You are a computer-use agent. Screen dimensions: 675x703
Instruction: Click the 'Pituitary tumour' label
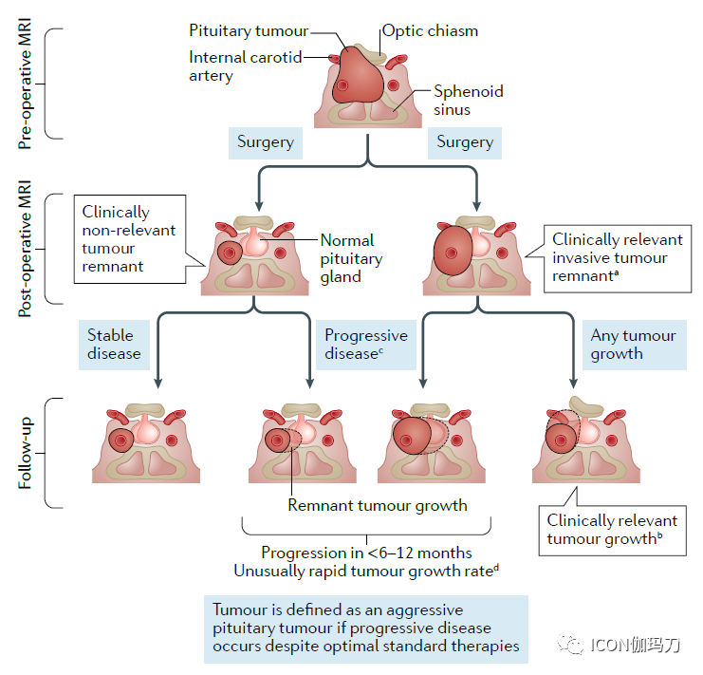pos(250,31)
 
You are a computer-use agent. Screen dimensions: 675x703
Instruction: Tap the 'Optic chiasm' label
pos(430,30)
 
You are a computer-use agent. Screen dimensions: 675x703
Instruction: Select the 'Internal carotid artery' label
pos(245,66)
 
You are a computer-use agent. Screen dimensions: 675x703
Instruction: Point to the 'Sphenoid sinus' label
pos(469,101)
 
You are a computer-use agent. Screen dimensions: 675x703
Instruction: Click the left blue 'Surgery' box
pos(266,142)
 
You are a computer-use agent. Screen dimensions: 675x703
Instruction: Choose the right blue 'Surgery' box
pos(465,142)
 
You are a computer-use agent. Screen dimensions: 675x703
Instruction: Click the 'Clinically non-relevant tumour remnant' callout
pos(128,239)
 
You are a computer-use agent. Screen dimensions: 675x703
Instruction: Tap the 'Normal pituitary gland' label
pos(351,258)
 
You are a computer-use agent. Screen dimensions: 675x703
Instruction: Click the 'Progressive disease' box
pos(365,344)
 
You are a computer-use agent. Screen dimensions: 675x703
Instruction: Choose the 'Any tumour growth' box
pos(633,344)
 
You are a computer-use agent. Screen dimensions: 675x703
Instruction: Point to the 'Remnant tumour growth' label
pos(378,505)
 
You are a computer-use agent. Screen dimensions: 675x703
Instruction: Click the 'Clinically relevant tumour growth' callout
pos(612,530)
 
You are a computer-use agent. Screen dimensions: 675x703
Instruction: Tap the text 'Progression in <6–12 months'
pos(366,553)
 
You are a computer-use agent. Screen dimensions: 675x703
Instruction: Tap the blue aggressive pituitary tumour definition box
pos(365,628)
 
